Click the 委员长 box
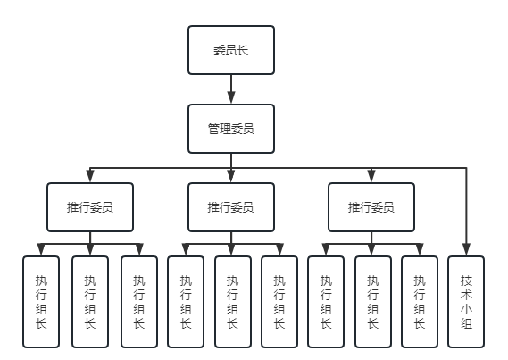point(230,50)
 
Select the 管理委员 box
point(230,129)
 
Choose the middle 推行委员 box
point(230,207)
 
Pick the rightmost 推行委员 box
point(371,207)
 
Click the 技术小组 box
point(465,301)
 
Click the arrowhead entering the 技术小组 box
point(465,249)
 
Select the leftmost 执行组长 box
point(41,301)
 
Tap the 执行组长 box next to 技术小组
point(419,301)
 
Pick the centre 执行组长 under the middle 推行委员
point(231,301)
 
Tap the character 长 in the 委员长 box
point(242,50)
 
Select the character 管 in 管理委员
point(213,129)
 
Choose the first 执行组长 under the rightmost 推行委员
point(325,301)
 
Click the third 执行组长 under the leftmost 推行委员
point(138,301)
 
